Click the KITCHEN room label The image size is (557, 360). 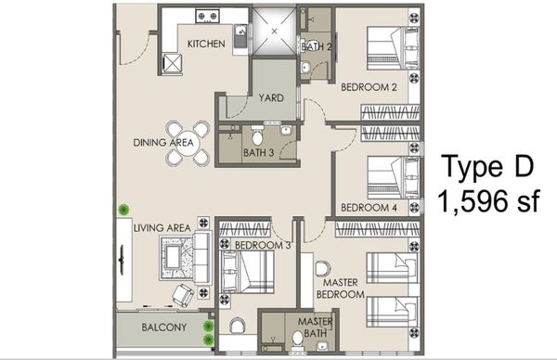click(x=206, y=44)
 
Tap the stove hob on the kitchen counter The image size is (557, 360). click(x=207, y=16)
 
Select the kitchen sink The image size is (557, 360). click(x=240, y=36)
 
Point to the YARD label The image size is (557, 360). click(x=271, y=98)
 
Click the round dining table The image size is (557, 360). click(x=188, y=144)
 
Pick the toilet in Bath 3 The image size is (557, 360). click(x=257, y=135)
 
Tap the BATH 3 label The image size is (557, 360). click(x=259, y=153)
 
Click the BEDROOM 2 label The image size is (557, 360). click(x=369, y=87)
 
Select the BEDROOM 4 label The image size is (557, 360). click(x=369, y=208)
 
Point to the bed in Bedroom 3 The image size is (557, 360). click(x=247, y=272)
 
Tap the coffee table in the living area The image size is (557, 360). click(x=173, y=256)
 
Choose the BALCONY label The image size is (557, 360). click(x=163, y=327)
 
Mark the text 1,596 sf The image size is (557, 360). click(x=489, y=201)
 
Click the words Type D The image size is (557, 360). click(x=487, y=167)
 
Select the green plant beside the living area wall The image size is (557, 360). click(x=123, y=210)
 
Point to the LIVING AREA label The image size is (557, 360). click(x=162, y=228)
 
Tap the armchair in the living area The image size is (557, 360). click(x=183, y=295)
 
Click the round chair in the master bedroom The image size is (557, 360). click(x=322, y=269)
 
